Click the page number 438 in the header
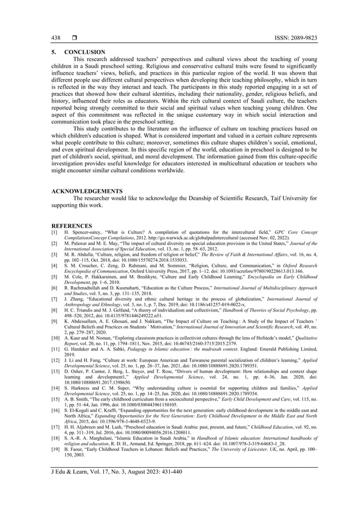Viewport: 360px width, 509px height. pyautogui.click(x=55, y=38)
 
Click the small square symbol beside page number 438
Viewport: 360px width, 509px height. pyautogui.click(x=73, y=38)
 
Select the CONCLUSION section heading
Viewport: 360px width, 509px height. pyautogui.click(x=83, y=52)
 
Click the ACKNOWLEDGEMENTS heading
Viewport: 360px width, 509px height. pyautogui.click(x=87, y=191)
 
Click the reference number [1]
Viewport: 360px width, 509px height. pyautogui.click(x=54, y=232)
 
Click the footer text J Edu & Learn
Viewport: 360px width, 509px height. pyautogui.click(x=70, y=472)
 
